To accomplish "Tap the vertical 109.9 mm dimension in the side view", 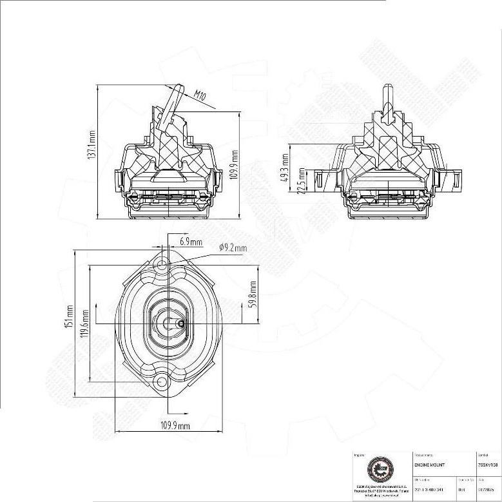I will (235, 164).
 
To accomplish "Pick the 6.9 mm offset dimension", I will (191, 242).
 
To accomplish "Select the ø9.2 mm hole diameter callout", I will (233, 247).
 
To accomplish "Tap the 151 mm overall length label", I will (70, 317).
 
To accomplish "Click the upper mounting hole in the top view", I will (162, 264).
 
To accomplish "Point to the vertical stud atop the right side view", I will (387, 99).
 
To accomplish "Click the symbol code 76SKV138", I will (488, 464).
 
